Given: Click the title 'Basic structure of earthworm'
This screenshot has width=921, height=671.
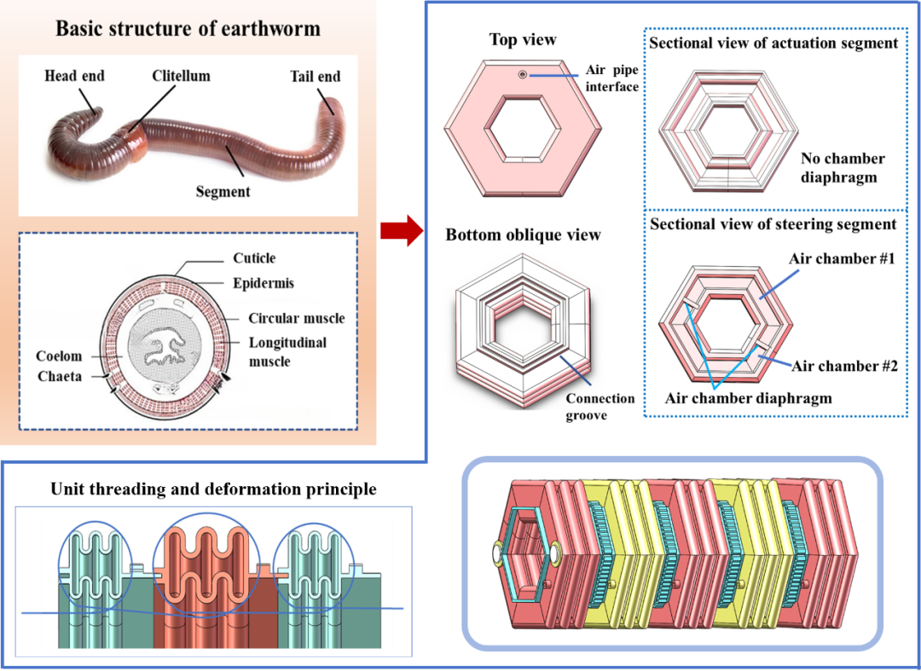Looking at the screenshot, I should (188, 28).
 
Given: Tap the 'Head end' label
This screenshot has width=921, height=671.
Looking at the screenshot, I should (74, 76).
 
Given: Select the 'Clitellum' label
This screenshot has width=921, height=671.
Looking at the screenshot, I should (181, 76).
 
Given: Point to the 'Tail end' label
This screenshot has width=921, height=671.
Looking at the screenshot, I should (315, 77).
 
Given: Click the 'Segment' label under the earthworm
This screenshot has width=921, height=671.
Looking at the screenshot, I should (223, 192).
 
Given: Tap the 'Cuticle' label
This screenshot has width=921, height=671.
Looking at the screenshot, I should (254, 258).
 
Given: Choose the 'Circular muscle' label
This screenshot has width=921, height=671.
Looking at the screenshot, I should (296, 318).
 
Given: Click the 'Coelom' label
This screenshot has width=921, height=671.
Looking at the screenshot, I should (59, 356).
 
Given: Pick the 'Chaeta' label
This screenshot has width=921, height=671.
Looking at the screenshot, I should (60, 376).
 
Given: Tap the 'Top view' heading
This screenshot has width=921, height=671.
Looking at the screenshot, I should (523, 40).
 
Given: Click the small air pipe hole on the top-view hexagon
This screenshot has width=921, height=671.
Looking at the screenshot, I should (522, 76).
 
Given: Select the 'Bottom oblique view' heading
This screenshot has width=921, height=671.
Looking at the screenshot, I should (523, 235).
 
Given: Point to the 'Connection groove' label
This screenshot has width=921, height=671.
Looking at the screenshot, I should (600, 406).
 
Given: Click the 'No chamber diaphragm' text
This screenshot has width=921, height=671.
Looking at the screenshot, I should (843, 168).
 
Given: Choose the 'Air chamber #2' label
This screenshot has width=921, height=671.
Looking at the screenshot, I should (844, 367).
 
